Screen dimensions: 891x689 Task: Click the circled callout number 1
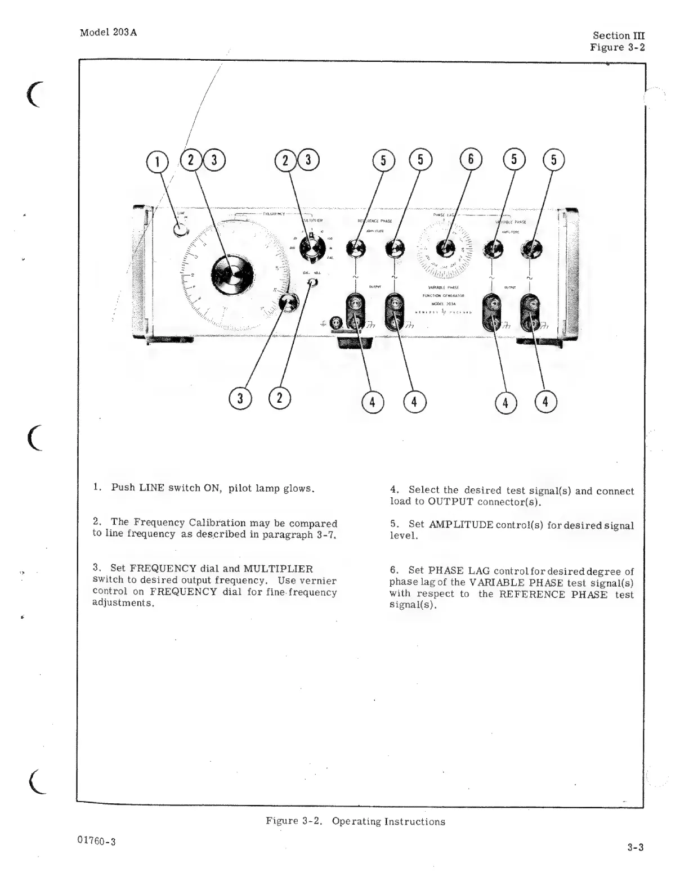point(158,161)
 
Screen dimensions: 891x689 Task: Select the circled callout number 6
point(471,160)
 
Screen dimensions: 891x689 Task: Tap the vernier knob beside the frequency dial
point(289,304)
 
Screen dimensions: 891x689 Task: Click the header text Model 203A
point(108,32)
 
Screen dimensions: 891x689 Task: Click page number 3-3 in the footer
point(636,847)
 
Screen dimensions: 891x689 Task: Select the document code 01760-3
point(97,841)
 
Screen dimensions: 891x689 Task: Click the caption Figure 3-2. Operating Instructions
point(355,821)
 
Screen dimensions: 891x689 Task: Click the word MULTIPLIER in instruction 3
point(278,569)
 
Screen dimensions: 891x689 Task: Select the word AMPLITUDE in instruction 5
point(461,525)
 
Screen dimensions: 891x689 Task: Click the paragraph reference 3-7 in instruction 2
point(326,534)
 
